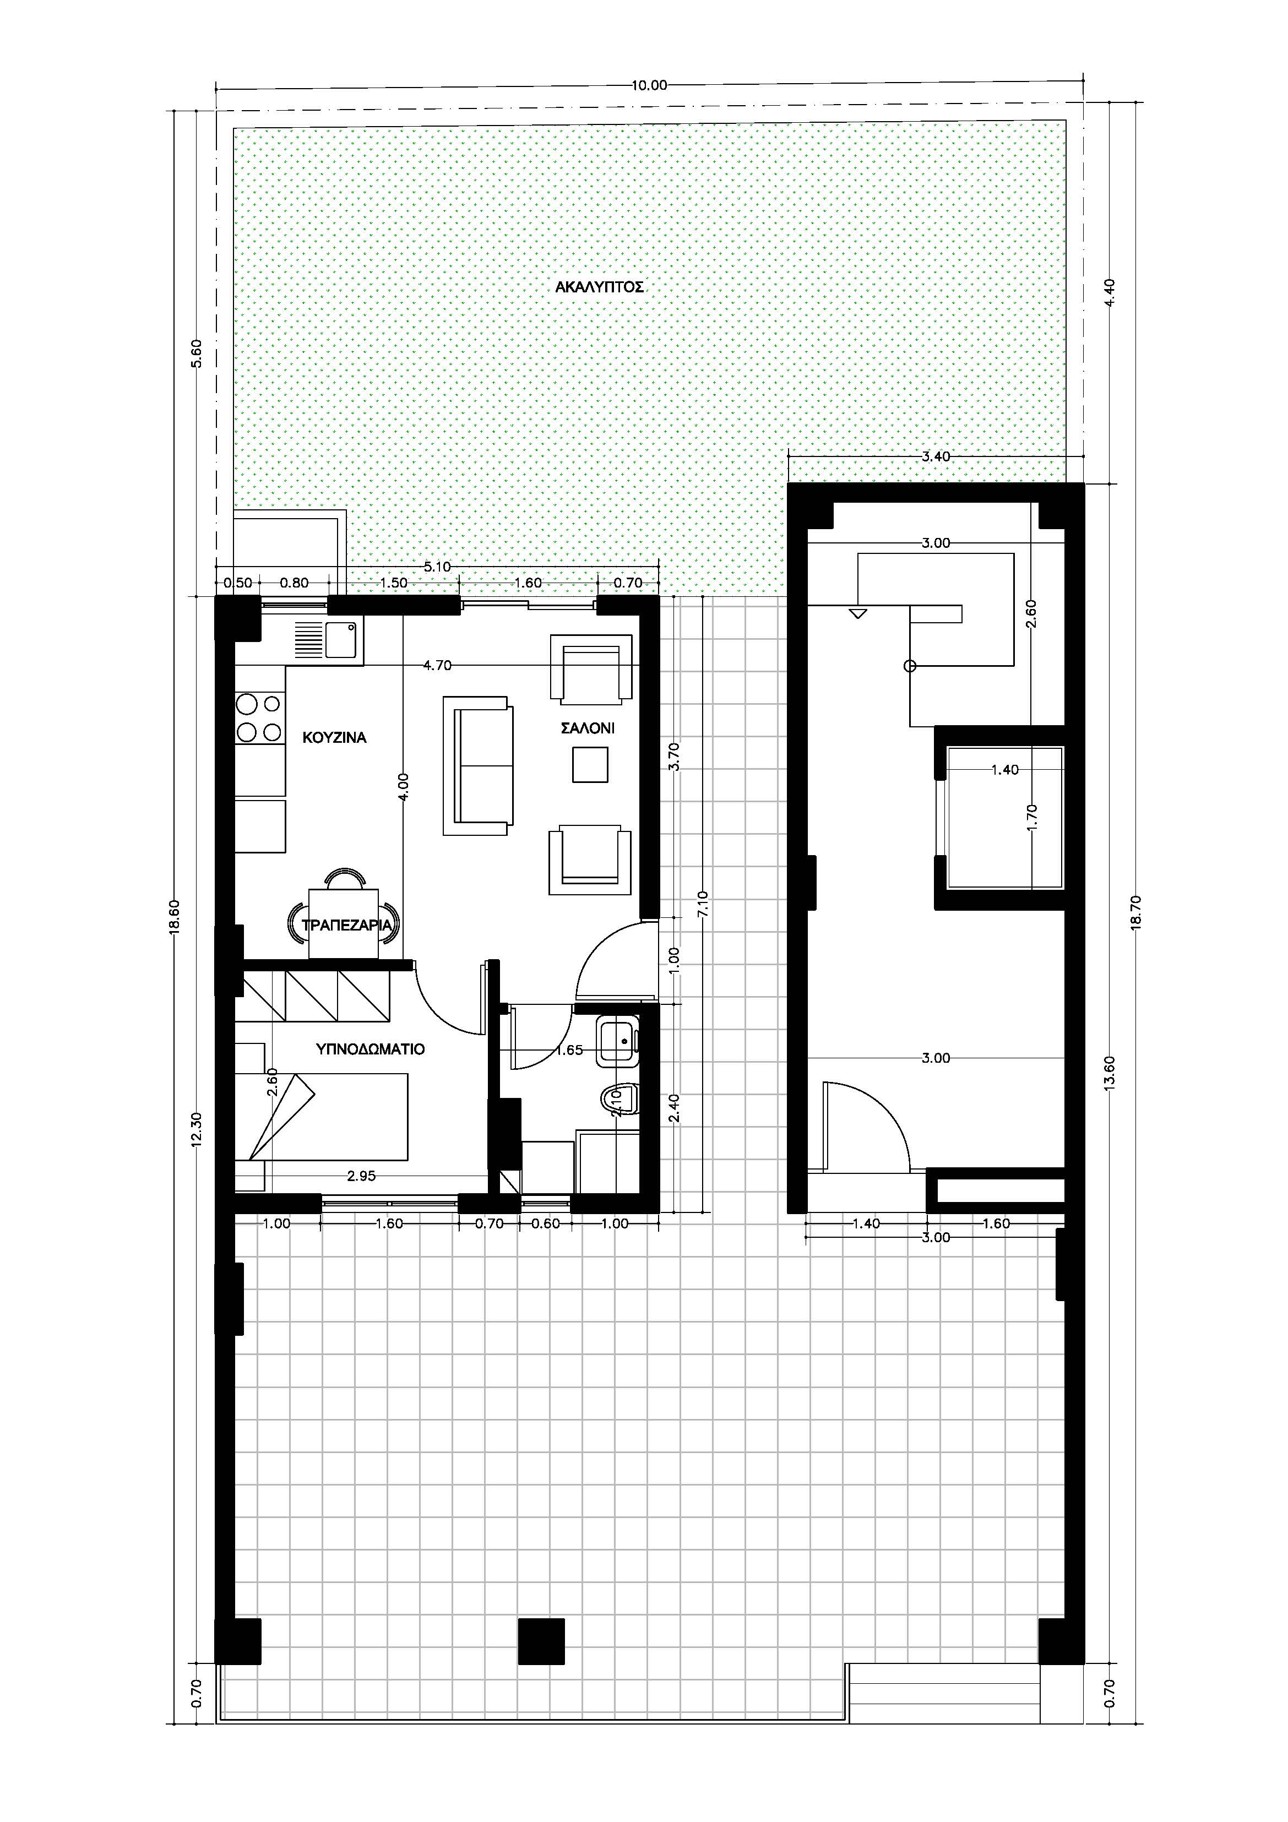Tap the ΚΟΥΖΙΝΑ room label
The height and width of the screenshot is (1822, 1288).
[x=335, y=738]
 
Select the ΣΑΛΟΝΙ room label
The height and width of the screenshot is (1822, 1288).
[x=588, y=728]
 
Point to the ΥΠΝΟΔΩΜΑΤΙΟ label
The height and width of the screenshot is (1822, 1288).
[x=371, y=1049]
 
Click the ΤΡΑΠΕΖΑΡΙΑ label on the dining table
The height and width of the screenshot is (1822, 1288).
[x=346, y=924]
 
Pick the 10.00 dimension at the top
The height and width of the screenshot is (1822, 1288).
[x=649, y=86]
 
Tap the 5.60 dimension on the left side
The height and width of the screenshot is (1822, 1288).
[x=197, y=353]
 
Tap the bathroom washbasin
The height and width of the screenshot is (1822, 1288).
[x=619, y=1040]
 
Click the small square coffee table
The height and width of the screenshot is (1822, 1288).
[x=590, y=765]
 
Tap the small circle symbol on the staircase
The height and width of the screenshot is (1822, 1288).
[x=910, y=667]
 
